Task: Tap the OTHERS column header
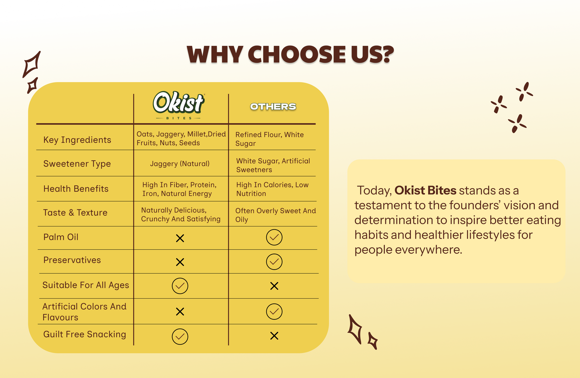(x=273, y=107)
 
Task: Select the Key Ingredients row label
(x=77, y=140)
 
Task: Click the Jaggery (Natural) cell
(x=180, y=164)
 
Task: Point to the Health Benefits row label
(x=76, y=189)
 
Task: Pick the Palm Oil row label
(x=61, y=237)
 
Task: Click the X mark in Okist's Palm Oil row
(x=180, y=238)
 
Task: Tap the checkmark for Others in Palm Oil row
(x=274, y=237)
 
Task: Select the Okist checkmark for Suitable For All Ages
(x=180, y=286)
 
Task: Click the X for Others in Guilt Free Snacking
(x=274, y=336)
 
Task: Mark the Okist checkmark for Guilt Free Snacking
(x=180, y=337)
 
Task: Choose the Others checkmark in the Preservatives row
(x=274, y=262)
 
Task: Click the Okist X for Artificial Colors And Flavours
(x=180, y=312)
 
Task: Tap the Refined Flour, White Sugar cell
(x=270, y=139)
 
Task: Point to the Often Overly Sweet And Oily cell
(x=275, y=215)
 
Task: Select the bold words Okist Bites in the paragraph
(x=425, y=190)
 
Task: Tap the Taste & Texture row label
(x=75, y=213)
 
